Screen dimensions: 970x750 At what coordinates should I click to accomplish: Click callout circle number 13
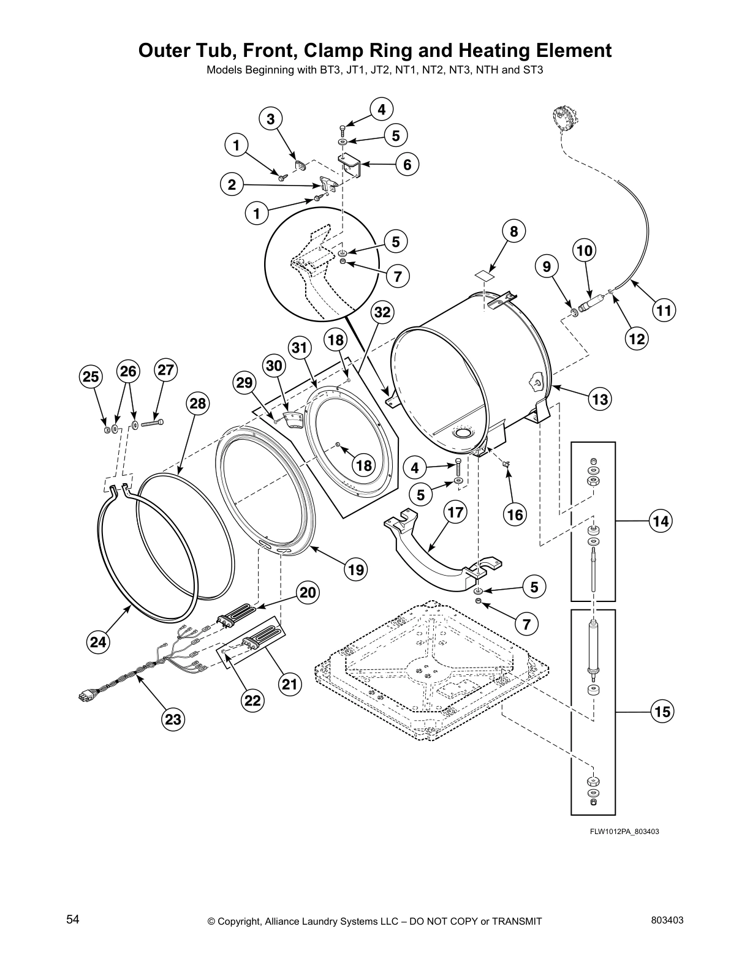click(600, 400)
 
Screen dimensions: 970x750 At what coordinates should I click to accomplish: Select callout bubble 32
click(382, 312)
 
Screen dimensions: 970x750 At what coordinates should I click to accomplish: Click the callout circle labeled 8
click(513, 231)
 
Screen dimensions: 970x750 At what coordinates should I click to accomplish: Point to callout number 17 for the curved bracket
click(455, 512)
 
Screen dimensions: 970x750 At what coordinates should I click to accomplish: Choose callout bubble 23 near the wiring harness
click(173, 720)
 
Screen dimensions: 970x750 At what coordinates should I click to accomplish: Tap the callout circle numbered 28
click(198, 404)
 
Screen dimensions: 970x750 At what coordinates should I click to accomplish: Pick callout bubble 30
click(275, 366)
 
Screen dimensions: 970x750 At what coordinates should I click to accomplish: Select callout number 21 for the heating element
click(290, 684)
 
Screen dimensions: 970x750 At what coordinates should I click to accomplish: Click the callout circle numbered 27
click(166, 370)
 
